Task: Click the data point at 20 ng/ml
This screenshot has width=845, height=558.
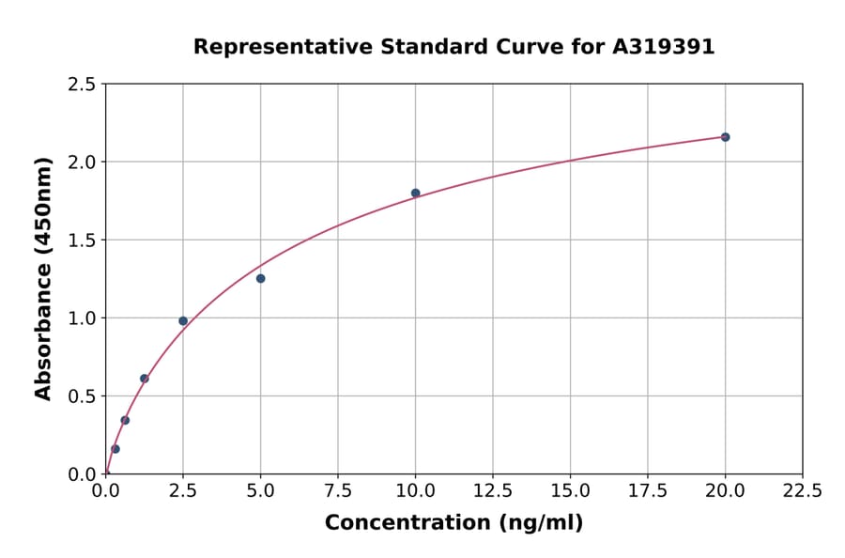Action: click(725, 137)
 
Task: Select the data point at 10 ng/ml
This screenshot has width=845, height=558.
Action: click(415, 193)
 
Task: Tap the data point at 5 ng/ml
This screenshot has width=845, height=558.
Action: click(260, 278)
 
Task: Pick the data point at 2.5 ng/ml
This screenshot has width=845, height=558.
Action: click(183, 321)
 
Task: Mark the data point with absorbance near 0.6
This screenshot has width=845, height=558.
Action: click(145, 379)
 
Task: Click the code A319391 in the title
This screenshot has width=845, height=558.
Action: click(664, 47)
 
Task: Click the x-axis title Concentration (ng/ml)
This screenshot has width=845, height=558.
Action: click(453, 523)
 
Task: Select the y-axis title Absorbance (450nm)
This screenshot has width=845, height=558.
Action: click(43, 278)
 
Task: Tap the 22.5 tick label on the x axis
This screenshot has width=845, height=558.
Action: click(802, 491)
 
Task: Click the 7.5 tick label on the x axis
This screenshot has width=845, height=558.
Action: click(338, 491)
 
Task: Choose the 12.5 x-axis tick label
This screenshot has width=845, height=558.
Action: click(492, 491)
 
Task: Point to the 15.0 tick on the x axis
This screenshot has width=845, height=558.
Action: click(570, 491)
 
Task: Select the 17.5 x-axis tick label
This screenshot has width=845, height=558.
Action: click(647, 491)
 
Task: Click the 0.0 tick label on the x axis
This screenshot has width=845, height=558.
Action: click(106, 491)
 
